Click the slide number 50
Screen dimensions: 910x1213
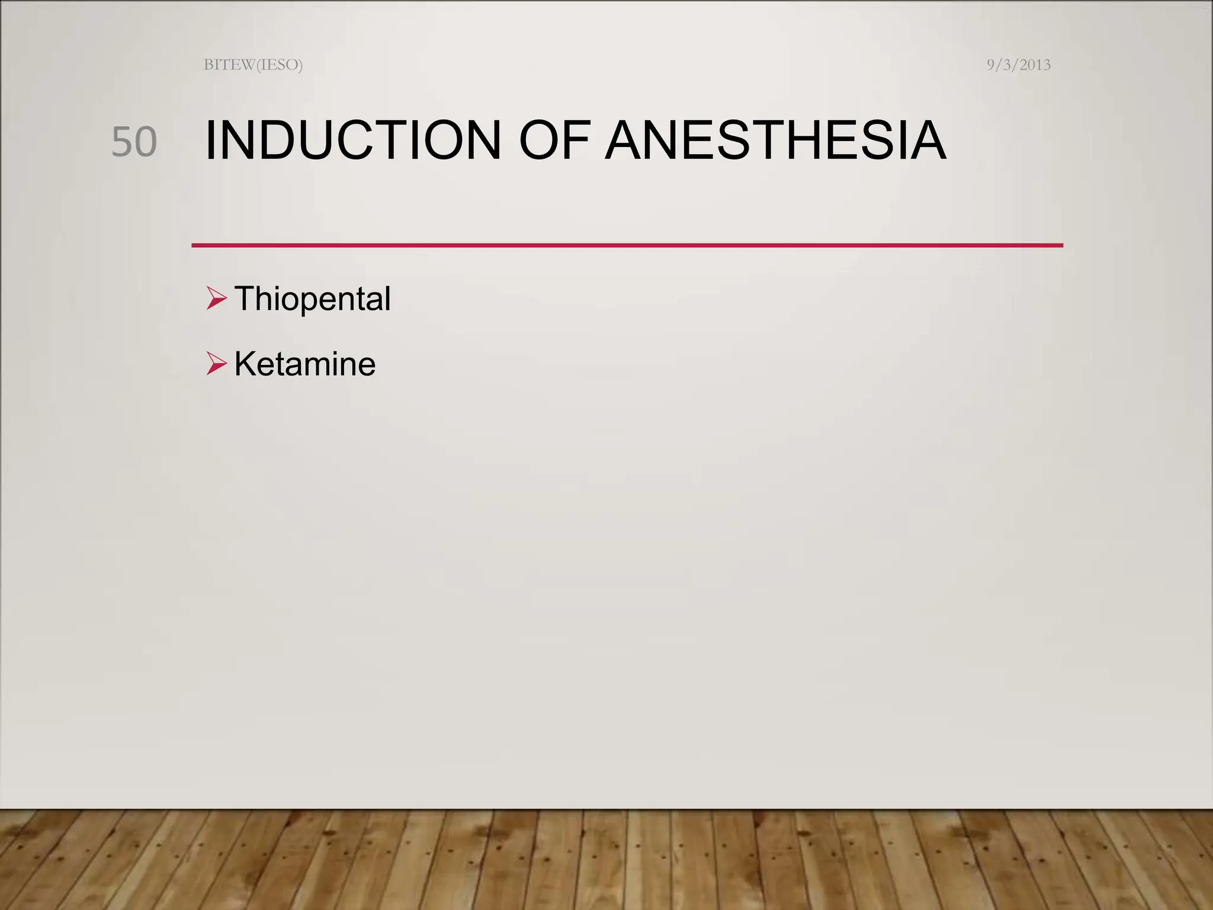point(134,142)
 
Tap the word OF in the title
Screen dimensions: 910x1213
point(554,141)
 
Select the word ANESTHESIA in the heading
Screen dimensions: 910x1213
point(775,141)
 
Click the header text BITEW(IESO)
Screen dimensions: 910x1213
point(253,65)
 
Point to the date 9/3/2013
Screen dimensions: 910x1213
point(1018,65)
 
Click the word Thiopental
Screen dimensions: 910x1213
point(312,299)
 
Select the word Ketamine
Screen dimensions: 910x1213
point(304,364)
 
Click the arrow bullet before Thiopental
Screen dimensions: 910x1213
point(217,298)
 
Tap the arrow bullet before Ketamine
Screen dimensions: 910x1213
point(217,363)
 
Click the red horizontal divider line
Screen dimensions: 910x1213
point(627,245)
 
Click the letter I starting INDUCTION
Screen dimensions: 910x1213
point(210,141)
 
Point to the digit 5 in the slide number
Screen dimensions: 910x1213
point(123,142)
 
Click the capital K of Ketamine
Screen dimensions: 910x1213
point(246,363)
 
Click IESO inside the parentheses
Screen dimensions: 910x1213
point(278,65)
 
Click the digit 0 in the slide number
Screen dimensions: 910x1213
point(146,142)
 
